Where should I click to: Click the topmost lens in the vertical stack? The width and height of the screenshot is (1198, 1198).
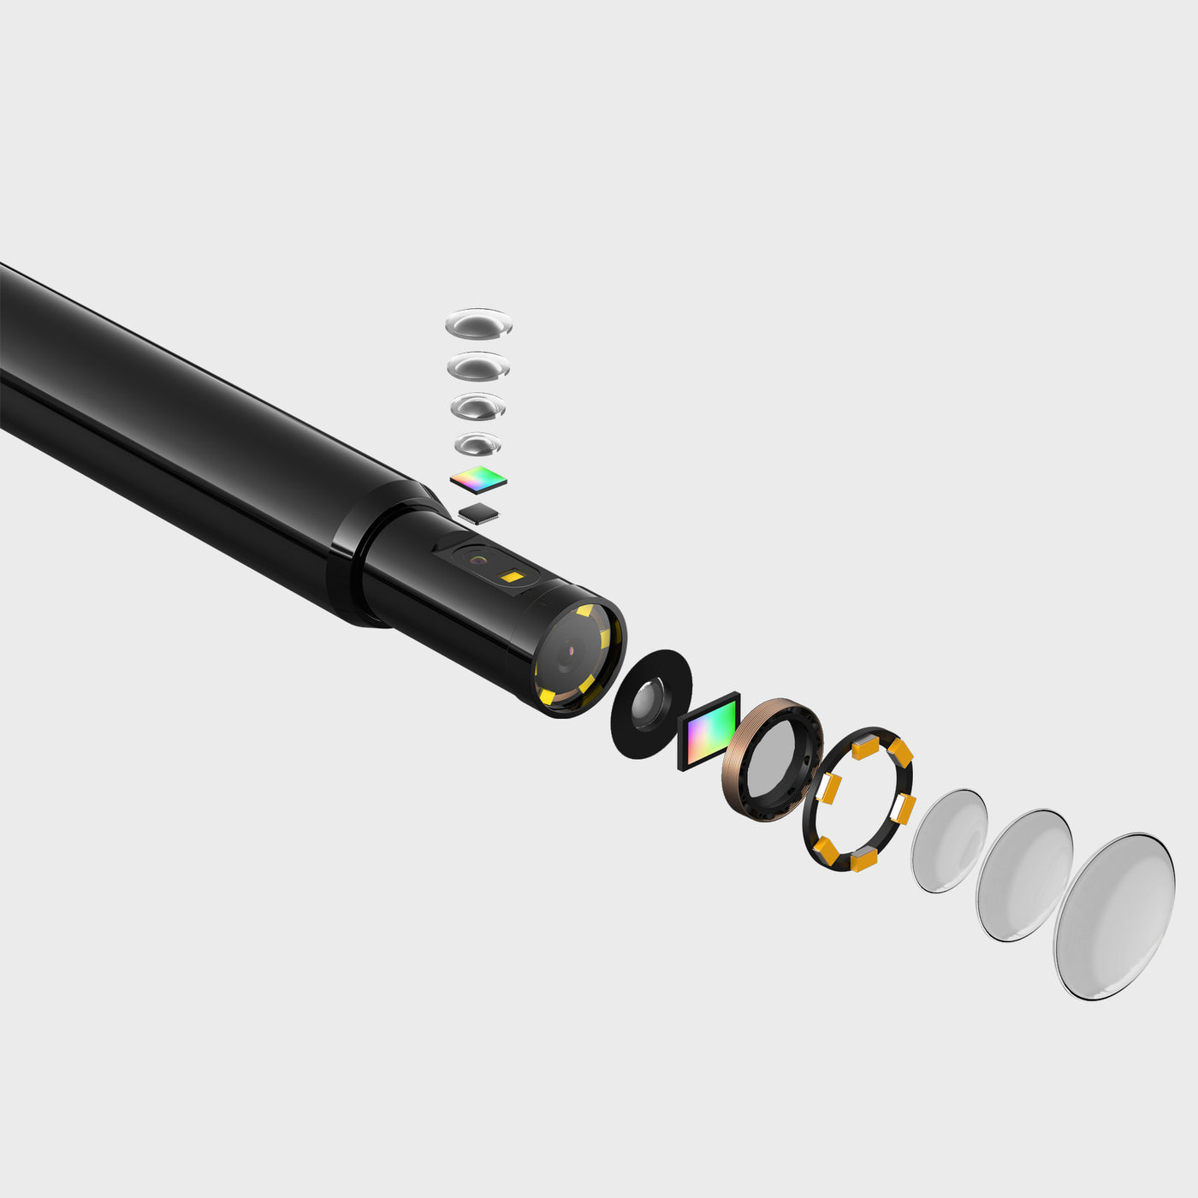(x=478, y=324)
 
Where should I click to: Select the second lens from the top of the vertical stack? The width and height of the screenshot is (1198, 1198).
(x=478, y=366)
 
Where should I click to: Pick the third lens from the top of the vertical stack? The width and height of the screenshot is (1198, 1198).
(x=477, y=406)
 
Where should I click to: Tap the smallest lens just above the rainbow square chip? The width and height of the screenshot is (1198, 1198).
(x=477, y=444)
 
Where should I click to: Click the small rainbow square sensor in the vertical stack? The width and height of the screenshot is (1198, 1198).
(x=478, y=480)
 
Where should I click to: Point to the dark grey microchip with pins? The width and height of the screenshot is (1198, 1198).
(x=479, y=513)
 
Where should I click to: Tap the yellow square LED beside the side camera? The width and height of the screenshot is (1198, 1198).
(x=512, y=577)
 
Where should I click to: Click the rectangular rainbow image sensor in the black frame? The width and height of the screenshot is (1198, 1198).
(x=709, y=731)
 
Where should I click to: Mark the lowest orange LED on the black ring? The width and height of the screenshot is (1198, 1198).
(x=863, y=861)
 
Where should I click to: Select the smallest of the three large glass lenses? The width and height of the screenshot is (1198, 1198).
(x=949, y=840)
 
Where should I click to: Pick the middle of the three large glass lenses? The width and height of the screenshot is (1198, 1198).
(x=1024, y=875)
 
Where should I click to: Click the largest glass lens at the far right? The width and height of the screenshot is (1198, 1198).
(x=1114, y=916)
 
